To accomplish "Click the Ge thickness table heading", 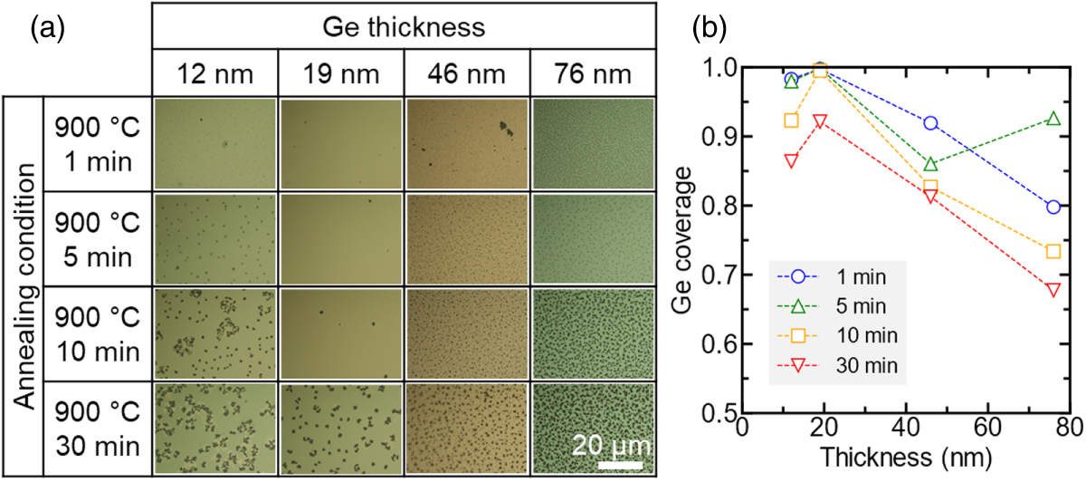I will click(x=404, y=27).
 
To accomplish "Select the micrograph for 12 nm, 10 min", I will click(x=214, y=333).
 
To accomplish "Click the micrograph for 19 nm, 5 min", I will click(x=340, y=239).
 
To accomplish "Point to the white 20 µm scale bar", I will click(x=619, y=465).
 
